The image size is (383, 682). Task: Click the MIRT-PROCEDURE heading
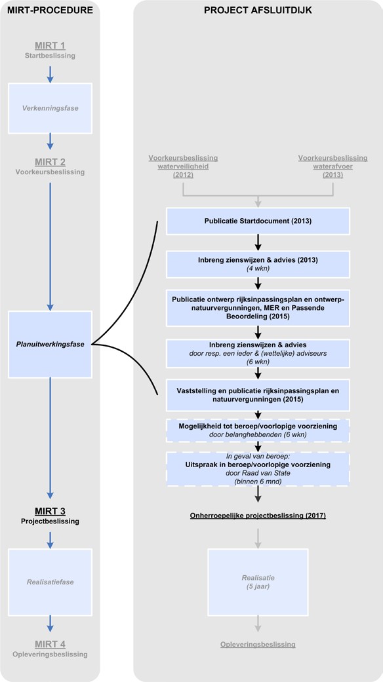(50, 10)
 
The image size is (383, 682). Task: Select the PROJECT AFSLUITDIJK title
(258, 10)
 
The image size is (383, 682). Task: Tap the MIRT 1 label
(50, 46)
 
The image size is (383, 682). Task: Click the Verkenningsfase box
(50, 108)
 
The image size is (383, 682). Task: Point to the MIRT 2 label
(50, 162)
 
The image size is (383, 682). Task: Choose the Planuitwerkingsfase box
(50, 344)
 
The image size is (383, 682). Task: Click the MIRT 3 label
(50, 511)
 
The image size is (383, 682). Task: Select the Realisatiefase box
(50, 582)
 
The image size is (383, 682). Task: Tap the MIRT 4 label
(50, 644)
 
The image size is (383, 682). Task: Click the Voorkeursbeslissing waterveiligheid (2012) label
(183, 166)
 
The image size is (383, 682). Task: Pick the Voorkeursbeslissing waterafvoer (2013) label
(333, 166)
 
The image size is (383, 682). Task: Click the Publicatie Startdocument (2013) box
(258, 221)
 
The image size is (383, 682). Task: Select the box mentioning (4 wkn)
(258, 264)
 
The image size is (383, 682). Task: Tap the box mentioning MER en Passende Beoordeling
(258, 308)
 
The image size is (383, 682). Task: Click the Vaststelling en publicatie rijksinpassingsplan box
(258, 395)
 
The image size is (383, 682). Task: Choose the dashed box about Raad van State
(258, 469)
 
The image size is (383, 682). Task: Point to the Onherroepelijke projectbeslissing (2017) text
(258, 516)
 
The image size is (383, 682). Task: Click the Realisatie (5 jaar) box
(258, 582)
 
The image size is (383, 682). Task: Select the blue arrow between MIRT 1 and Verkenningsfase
(50, 75)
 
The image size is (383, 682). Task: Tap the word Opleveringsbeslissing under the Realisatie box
(258, 645)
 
